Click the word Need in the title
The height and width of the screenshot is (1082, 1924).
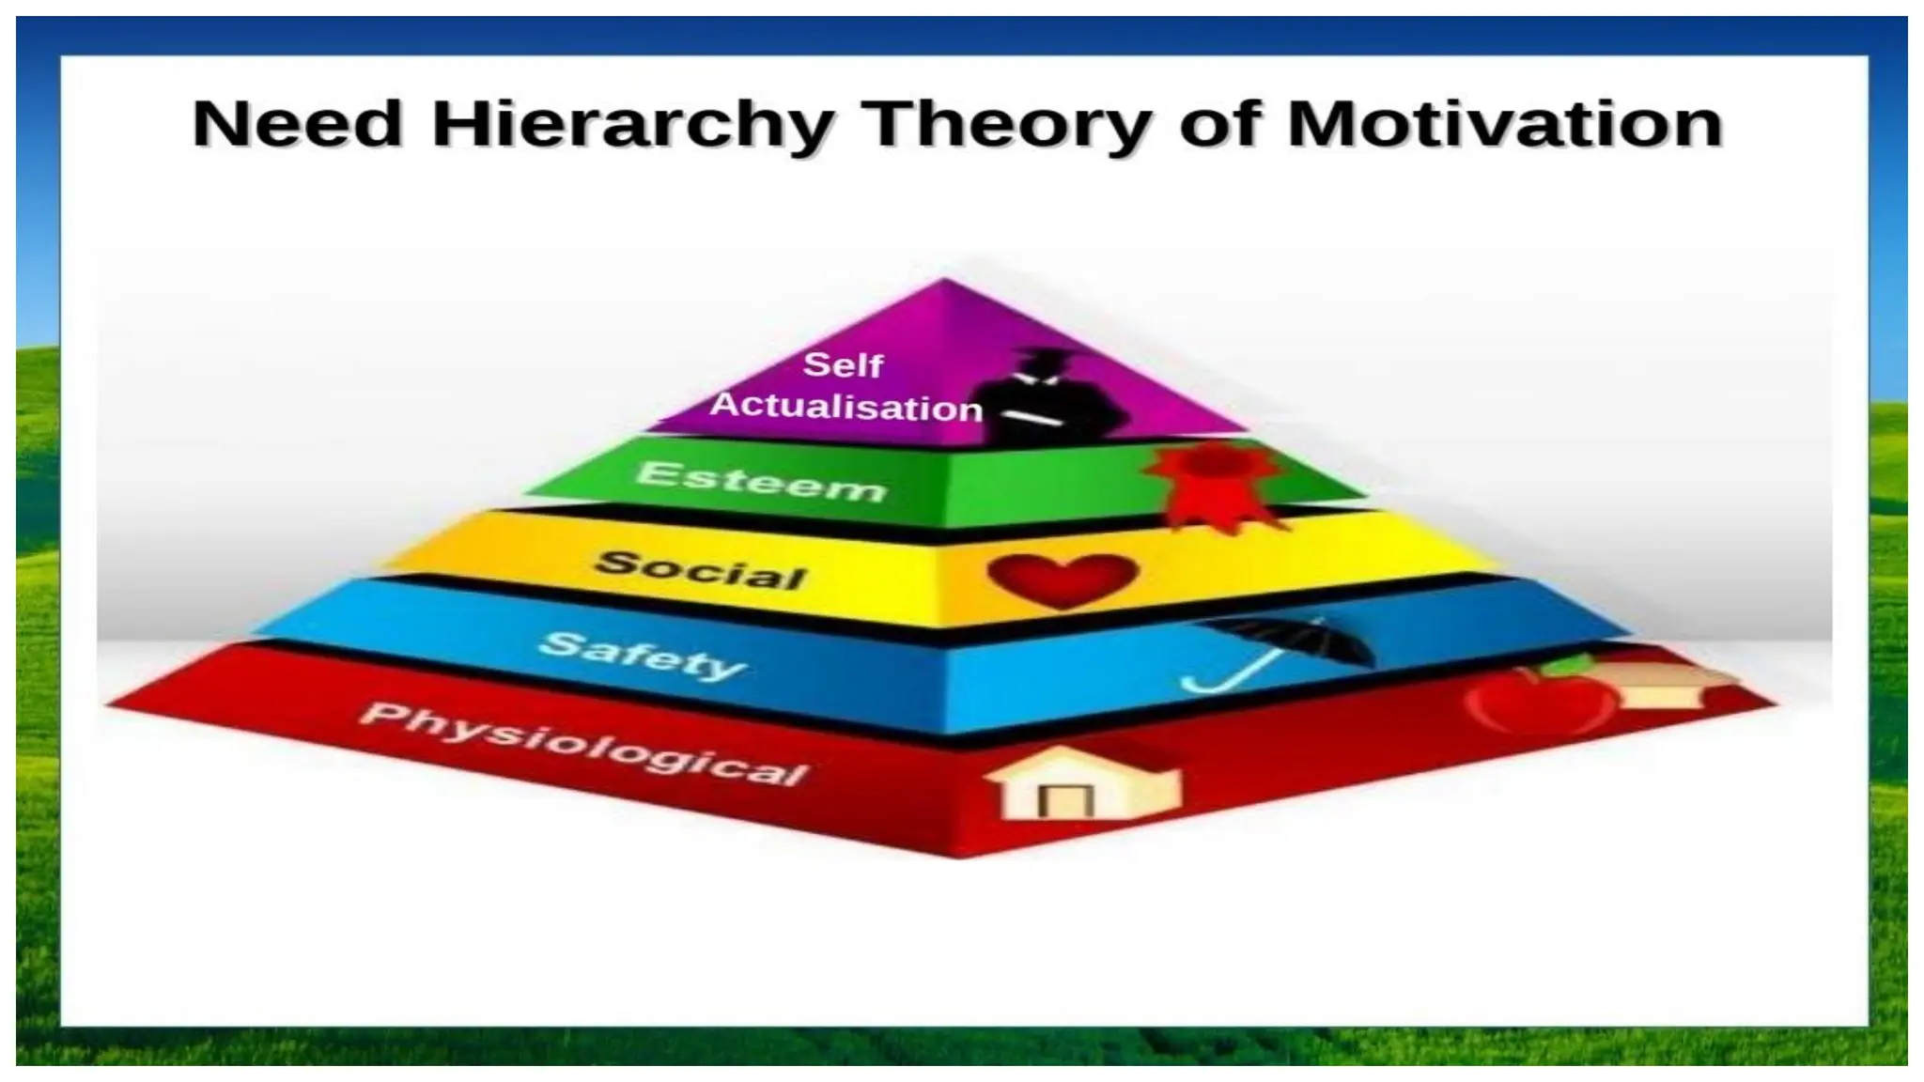pos(298,124)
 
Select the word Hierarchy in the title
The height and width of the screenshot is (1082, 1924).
pos(632,126)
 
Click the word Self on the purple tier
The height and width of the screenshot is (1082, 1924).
pos(843,364)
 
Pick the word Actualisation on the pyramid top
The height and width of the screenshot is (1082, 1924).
pos(846,407)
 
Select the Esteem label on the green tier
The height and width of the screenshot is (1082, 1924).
pos(761,482)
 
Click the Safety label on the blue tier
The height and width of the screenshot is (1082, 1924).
pos(643,656)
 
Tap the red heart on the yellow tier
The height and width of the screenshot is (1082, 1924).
pos(1063,579)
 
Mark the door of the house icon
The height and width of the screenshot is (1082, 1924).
pos(1064,801)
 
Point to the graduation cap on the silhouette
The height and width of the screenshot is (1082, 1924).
pos(1042,356)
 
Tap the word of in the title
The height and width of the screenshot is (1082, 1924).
pos(1218,126)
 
